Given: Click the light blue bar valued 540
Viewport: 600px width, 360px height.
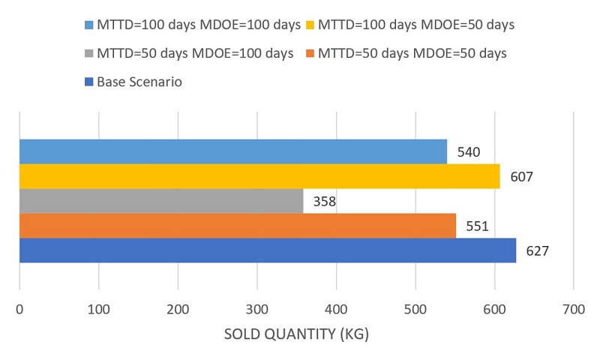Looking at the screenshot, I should (232, 151).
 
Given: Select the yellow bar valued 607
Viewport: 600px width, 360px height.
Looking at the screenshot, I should (259, 176).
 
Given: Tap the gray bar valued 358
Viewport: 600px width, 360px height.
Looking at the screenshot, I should (161, 201).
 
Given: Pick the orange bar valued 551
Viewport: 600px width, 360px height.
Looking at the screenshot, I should (237, 226).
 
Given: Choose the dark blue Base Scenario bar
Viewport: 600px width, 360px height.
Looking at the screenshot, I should (267, 250).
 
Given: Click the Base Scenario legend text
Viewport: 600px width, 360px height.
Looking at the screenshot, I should (139, 82).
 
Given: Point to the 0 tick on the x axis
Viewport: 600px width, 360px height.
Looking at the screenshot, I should (19, 307).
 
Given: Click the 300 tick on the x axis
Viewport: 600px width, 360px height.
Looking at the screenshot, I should (256, 307).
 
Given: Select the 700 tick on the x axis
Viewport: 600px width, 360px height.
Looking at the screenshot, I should (573, 307).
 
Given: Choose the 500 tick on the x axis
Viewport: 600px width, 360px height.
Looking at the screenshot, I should (415, 307).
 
